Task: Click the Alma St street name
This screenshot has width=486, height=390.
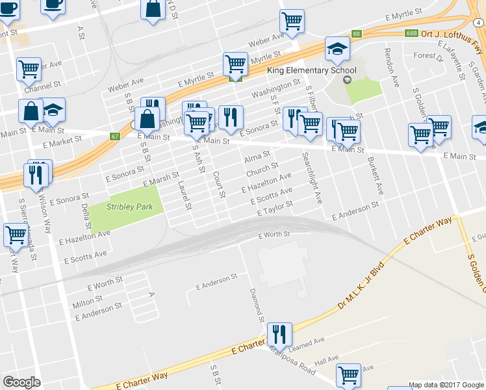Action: [257, 157]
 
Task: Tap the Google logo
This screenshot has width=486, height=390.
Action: [21, 382]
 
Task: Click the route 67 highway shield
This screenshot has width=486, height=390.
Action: [115, 136]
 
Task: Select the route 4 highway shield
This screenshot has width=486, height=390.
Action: [479, 21]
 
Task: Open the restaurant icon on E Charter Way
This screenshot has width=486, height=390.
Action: [279, 334]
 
